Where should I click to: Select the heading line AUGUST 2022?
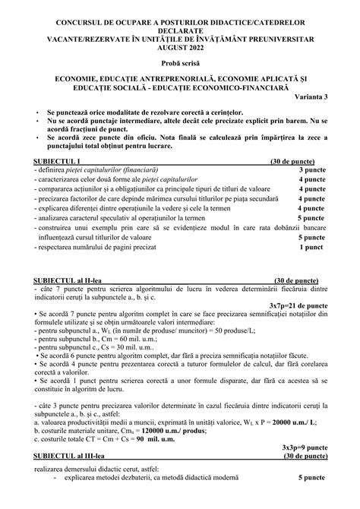[x=181, y=44]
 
